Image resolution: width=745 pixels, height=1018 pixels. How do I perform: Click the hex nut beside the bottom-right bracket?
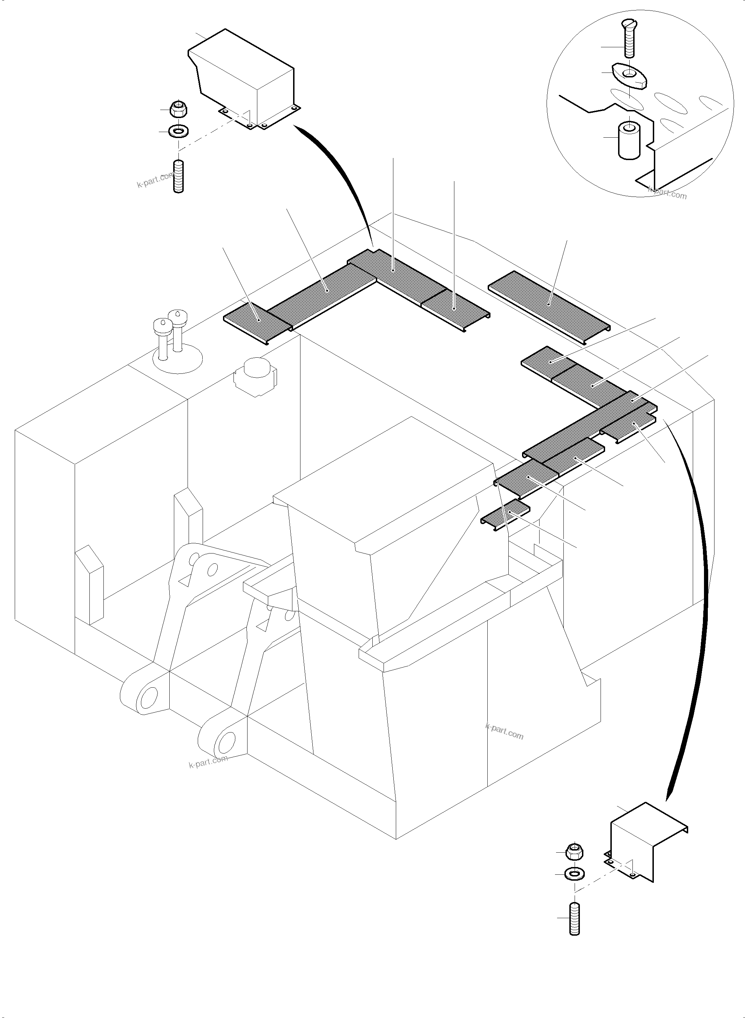[x=574, y=851]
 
